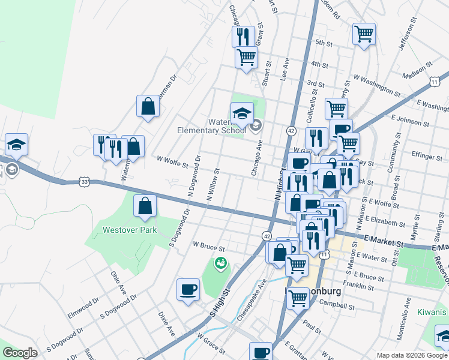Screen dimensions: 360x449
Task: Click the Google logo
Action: point(20,353)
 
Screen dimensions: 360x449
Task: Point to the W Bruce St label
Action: point(208,246)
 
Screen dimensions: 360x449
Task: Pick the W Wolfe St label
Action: point(172,160)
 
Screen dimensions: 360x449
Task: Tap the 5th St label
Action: point(324,43)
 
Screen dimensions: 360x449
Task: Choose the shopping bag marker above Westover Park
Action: point(145,206)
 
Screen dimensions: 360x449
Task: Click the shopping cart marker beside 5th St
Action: point(364,34)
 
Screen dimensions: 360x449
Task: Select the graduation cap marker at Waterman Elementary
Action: point(241,113)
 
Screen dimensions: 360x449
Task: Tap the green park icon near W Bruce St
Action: point(220,263)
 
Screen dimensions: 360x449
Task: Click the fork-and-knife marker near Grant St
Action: point(243,37)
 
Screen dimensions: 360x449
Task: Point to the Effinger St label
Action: point(427,156)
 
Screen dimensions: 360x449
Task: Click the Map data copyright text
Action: point(411,355)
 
